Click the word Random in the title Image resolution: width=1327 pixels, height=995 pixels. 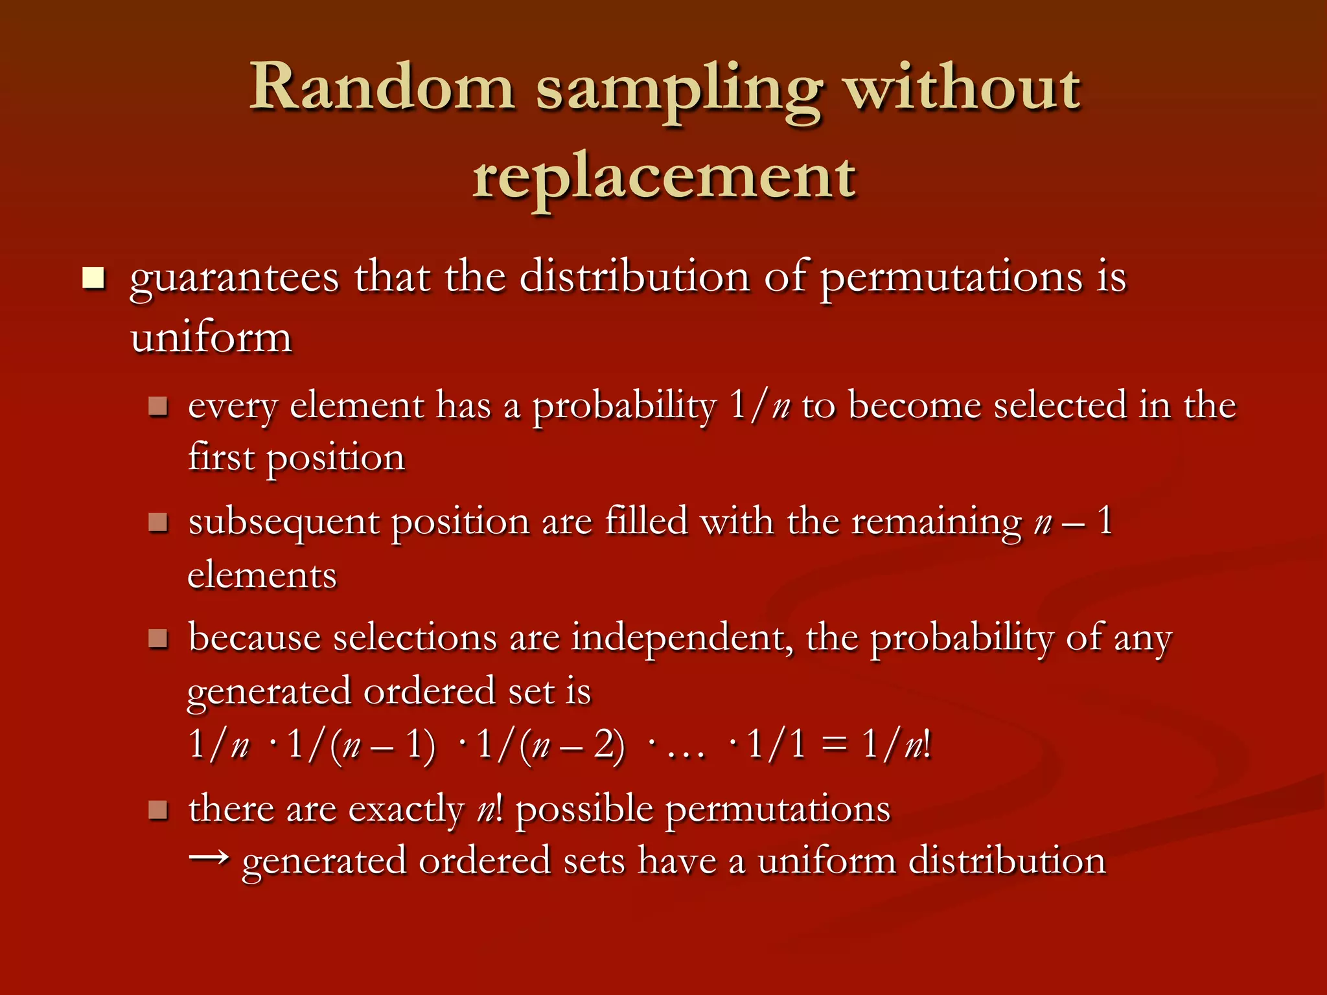[x=382, y=87]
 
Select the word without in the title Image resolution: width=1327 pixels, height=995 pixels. [x=964, y=87]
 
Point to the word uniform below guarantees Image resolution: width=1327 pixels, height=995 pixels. [x=211, y=338]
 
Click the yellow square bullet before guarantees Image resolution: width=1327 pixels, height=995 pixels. [x=93, y=278]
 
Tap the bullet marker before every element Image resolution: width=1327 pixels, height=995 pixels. [x=158, y=407]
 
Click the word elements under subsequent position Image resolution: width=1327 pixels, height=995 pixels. [x=262, y=575]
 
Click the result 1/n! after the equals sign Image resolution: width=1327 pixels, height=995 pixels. [x=897, y=745]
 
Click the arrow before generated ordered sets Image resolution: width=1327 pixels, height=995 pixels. [x=209, y=858]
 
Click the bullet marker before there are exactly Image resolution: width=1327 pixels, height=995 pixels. [x=158, y=810]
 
